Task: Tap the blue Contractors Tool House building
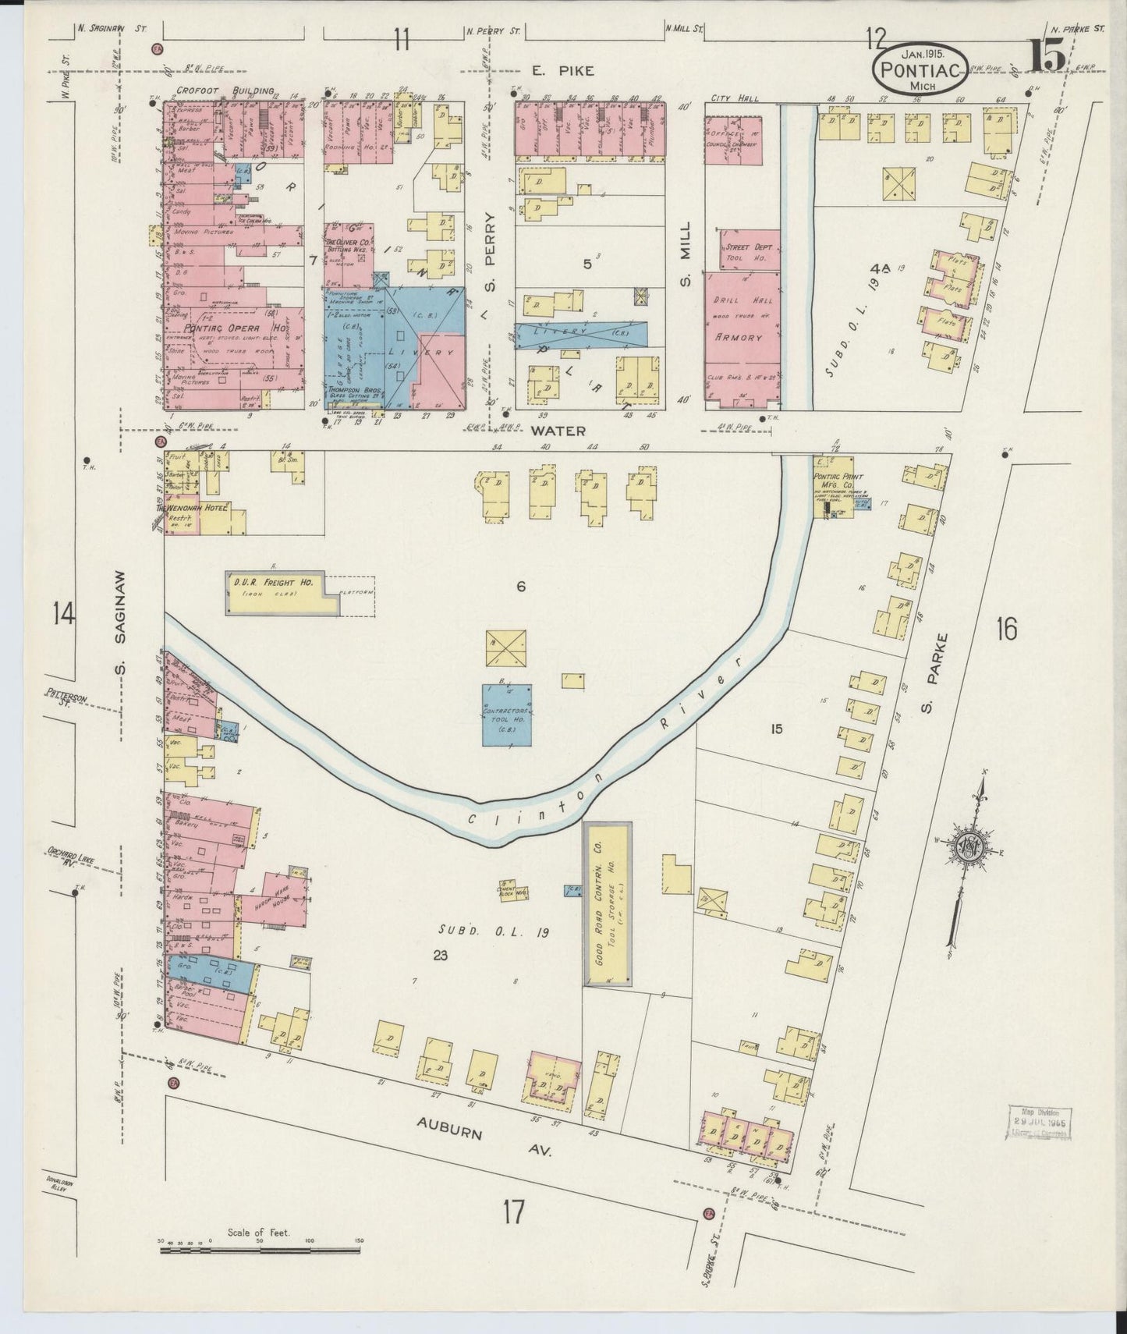507,715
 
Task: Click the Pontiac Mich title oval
921,68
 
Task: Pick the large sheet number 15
1045,56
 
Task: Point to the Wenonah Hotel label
192,508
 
